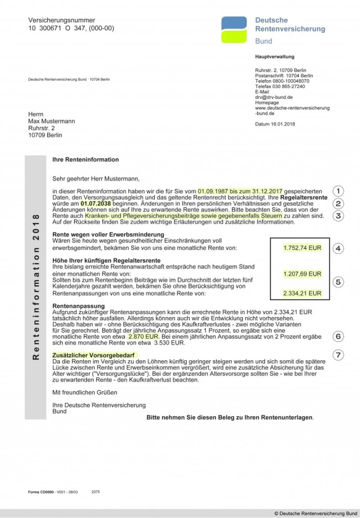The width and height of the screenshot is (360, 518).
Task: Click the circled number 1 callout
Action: pos(338,191)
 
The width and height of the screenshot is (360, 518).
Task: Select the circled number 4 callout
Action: pos(338,248)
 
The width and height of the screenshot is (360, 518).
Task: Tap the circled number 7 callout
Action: pos(338,355)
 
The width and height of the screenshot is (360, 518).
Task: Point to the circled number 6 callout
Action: pos(338,336)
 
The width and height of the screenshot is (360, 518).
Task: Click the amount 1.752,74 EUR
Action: pos(302,248)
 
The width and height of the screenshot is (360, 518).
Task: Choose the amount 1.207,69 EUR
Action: pos(302,274)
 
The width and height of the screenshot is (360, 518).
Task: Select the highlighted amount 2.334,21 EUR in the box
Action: pos(302,293)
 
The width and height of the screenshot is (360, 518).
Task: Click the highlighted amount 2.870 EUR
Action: pos(143,337)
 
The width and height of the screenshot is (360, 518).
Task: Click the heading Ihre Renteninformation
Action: pos(85,160)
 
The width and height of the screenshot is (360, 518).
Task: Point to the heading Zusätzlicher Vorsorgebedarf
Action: pos(93,355)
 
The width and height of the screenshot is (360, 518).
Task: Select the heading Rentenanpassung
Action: pos(78,306)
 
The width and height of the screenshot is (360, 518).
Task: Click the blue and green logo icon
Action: pos(234,29)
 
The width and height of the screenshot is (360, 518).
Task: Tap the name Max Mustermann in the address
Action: pos(51,121)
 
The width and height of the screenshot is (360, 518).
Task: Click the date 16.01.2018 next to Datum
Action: pos(283,124)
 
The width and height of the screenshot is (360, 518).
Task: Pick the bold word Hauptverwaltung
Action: pos(275,57)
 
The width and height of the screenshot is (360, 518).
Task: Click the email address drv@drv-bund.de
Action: pos(274,97)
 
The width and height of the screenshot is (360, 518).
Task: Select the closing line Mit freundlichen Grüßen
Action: pos(85,392)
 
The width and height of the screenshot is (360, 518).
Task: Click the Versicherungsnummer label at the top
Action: pos(62,20)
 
